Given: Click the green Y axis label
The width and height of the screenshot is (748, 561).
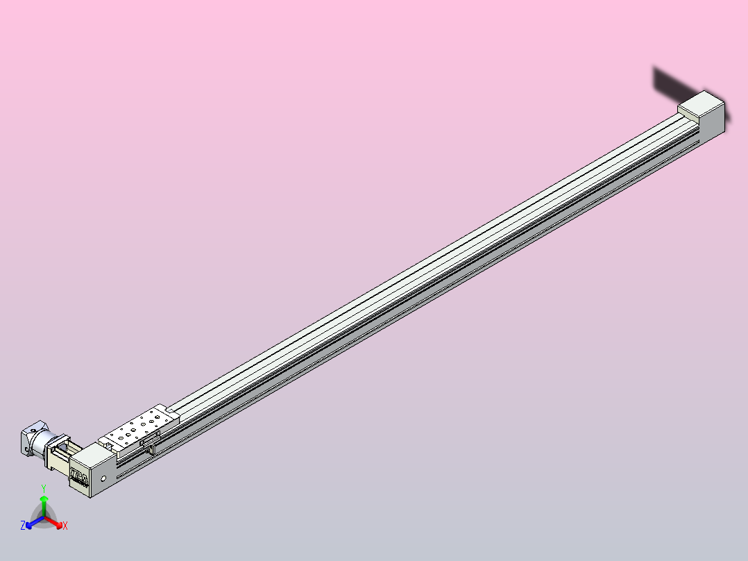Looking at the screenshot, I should pyautogui.click(x=44, y=488).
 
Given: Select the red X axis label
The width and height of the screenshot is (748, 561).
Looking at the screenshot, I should pyautogui.click(x=65, y=526).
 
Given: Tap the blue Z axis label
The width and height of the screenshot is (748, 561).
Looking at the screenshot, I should pyautogui.click(x=23, y=526).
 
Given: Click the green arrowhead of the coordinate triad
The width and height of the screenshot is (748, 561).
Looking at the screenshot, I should pyautogui.click(x=44, y=499).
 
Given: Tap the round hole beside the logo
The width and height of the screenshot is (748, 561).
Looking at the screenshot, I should pyautogui.click(x=103, y=478).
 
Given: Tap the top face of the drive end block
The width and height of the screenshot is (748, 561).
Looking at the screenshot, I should pyautogui.click(x=93, y=455).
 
